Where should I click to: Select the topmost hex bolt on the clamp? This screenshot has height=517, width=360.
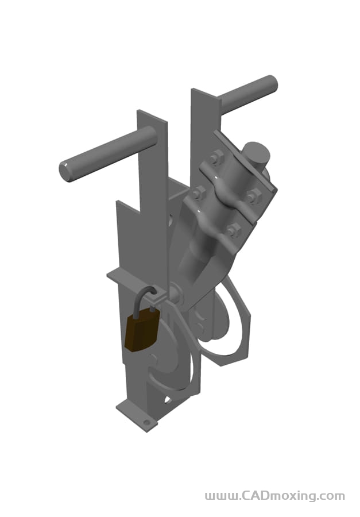click(216, 157)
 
